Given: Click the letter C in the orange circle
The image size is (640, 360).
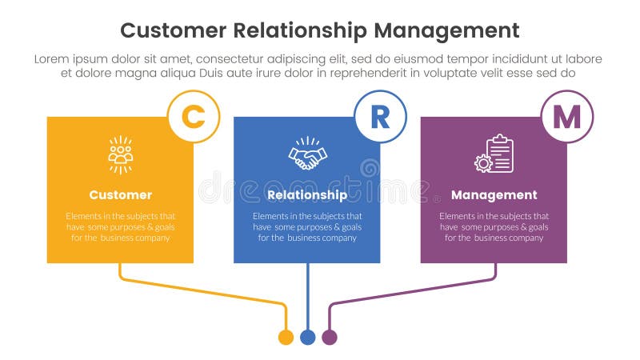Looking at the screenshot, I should click(193, 117).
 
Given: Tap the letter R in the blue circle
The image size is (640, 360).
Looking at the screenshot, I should click(380, 117).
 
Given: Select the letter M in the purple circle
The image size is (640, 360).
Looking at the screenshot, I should click(567, 117).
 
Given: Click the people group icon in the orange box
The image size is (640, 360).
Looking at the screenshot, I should click(120, 154).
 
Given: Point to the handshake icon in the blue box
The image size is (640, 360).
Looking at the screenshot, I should click(307, 154).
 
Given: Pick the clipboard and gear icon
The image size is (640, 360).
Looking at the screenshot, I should click(494, 154).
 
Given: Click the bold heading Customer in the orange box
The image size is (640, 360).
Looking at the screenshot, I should click(120, 195).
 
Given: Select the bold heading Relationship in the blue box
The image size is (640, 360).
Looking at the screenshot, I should click(307, 195).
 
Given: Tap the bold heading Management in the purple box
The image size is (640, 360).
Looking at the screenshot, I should click(494, 195).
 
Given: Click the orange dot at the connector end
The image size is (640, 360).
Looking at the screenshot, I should click(286, 337).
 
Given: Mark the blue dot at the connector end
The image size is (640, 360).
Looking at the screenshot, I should click(307, 337).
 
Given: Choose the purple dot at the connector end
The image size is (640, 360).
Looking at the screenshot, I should click(329, 337).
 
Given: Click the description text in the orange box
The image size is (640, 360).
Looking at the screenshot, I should click(120, 227).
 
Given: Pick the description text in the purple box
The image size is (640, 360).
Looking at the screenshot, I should click(494, 227).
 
